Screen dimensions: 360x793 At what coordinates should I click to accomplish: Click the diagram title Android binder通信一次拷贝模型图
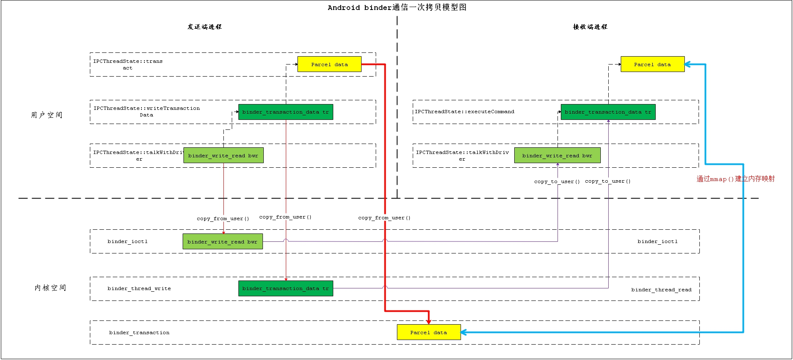[x=397, y=7]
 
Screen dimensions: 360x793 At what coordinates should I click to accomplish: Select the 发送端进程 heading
[x=204, y=27]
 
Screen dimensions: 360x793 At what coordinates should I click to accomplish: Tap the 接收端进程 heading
[x=590, y=27]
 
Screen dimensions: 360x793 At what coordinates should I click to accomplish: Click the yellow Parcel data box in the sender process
[x=329, y=65]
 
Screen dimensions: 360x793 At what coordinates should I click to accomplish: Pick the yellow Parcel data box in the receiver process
[x=652, y=65]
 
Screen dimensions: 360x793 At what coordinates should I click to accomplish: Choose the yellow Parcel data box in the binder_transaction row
[x=429, y=333]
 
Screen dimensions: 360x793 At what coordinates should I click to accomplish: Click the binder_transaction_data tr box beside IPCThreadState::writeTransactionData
[x=285, y=112]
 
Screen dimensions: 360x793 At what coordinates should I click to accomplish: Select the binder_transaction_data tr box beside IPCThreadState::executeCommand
[x=608, y=112]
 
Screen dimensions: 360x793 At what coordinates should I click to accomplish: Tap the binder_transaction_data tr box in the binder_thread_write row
[x=285, y=288]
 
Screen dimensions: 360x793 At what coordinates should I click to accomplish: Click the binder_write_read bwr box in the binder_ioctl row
[x=223, y=242]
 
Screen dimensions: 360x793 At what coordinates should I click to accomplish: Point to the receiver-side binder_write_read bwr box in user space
[x=557, y=156]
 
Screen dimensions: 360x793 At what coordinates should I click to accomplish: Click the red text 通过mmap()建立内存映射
[x=736, y=179]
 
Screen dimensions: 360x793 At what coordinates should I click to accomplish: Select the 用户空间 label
[x=47, y=115]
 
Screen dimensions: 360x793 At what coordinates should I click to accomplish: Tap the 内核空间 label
[x=50, y=288]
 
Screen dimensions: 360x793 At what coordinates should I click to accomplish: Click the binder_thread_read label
[x=661, y=290]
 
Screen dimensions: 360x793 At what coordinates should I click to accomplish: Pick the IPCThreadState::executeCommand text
[x=464, y=112]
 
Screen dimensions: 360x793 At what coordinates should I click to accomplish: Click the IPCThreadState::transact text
[x=128, y=65]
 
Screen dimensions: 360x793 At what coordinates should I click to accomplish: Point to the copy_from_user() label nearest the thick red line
[x=384, y=218]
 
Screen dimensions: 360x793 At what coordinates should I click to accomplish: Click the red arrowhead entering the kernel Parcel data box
[x=429, y=321]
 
